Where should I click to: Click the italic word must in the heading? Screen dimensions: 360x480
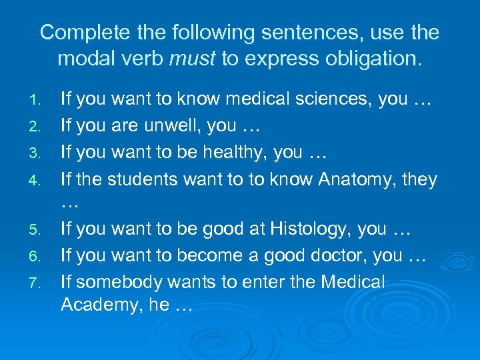(193, 59)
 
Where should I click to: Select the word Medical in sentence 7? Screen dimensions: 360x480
(353, 282)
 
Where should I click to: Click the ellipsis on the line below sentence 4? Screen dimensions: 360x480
(69, 204)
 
